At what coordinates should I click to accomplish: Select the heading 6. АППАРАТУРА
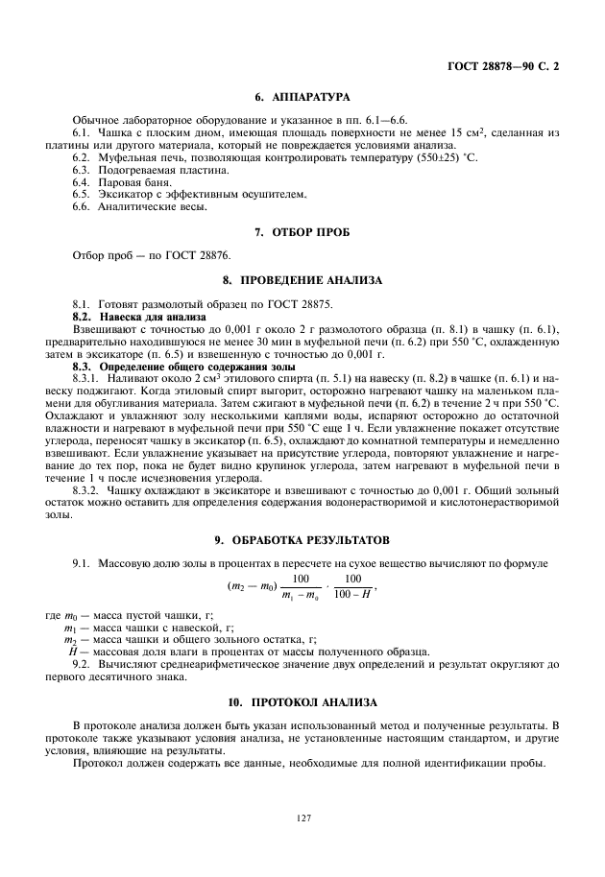[302, 97]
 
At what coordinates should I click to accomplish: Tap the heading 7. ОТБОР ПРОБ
[302, 232]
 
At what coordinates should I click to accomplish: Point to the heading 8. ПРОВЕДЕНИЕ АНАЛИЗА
[302, 280]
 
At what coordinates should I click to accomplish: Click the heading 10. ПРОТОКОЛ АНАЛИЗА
[302, 701]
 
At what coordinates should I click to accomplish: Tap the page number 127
[302, 818]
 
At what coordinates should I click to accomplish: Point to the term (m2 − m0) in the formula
[252, 586]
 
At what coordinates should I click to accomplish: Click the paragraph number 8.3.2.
[85, 489]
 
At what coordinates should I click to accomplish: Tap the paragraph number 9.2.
[82, 663]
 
